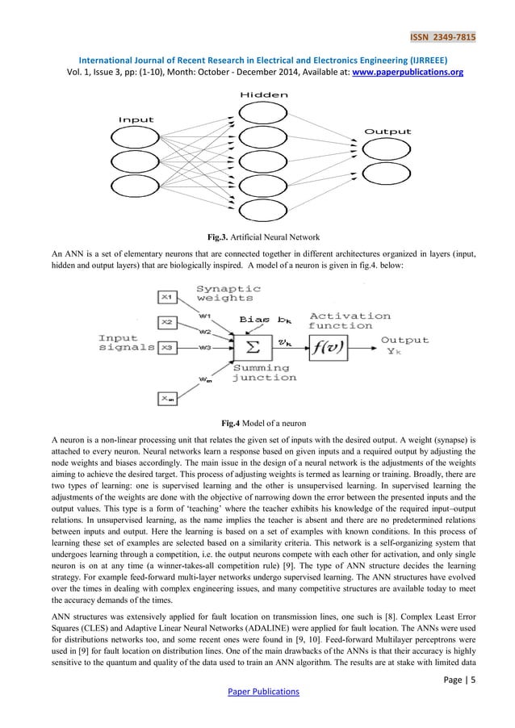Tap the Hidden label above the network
(263, 96)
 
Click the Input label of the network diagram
(136, 119)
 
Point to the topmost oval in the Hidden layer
(263, 113)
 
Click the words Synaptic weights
(229, 294)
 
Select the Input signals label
(125, 343)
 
